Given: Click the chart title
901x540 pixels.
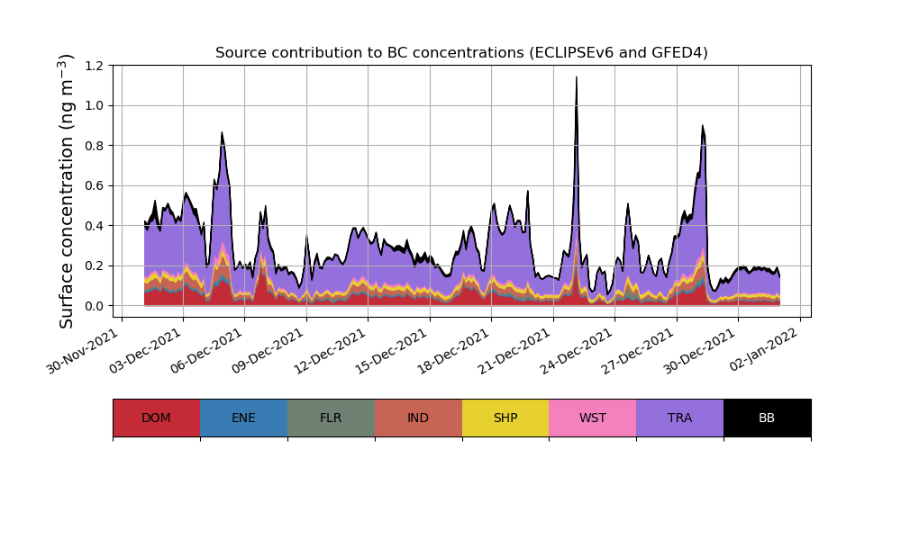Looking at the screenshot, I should [461, 53].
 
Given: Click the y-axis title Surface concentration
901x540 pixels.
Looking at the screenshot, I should [67, 191].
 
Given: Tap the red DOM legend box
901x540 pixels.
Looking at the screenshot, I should [156, 418].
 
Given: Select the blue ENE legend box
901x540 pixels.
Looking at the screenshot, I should [243, 418].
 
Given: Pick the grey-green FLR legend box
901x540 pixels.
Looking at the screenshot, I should [331, 418].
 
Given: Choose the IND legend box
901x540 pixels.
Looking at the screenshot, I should [418, 418].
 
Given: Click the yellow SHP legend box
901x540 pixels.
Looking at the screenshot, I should [505, 418].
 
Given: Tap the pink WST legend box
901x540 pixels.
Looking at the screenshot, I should [593, 418].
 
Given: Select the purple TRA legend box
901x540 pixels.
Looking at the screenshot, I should [680, 418].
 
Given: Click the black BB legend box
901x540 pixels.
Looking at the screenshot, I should [767, 418].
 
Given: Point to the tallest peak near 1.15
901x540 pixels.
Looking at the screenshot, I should [577, 78].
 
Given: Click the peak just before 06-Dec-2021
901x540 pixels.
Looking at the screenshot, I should [222, 134].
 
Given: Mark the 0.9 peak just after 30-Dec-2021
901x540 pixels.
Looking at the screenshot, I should [702, 127].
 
